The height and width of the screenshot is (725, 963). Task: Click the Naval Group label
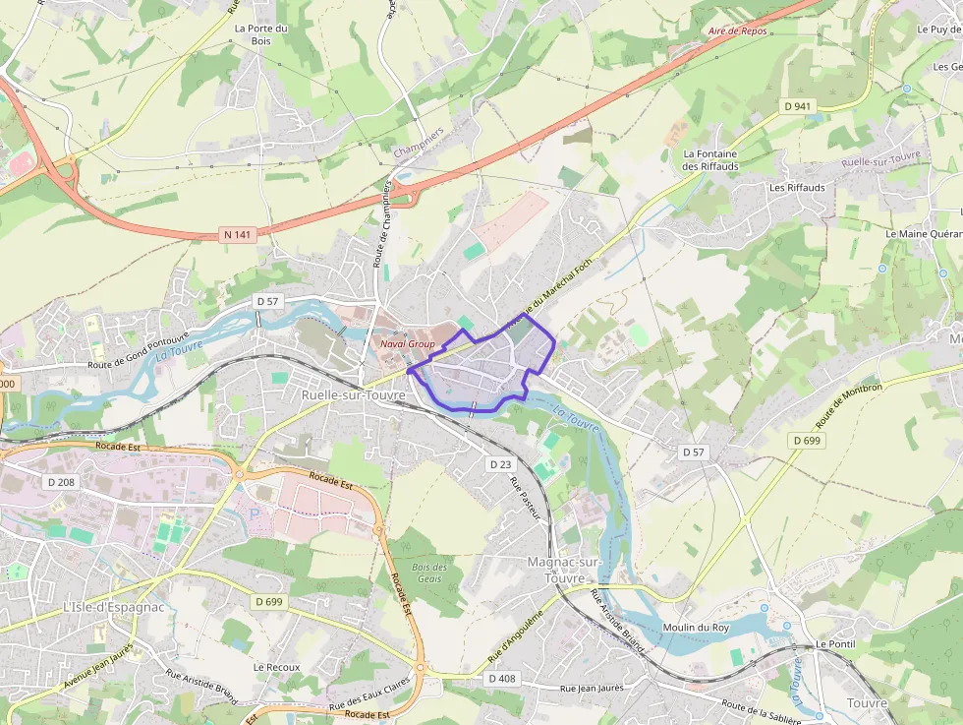[407, 344]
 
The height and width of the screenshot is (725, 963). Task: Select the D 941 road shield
[798, 105]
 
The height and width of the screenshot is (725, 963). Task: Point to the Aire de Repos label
[737, 31]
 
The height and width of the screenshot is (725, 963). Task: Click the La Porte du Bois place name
[260, 34]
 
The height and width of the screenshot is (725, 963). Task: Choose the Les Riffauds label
[797, 187]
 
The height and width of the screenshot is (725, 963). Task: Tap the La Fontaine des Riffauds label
[710, 160]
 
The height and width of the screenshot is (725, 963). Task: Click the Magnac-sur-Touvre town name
[563, 568]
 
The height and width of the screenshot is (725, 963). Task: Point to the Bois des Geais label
[429, 573]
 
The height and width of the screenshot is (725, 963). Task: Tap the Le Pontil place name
[835, 644]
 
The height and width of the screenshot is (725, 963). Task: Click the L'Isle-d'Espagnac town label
[113, 606]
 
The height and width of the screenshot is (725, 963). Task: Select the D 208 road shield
[61, 482]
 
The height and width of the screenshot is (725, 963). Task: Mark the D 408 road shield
[501, 678]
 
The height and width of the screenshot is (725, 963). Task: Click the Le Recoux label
[276, 666]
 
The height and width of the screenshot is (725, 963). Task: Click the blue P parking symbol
[257, 514]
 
